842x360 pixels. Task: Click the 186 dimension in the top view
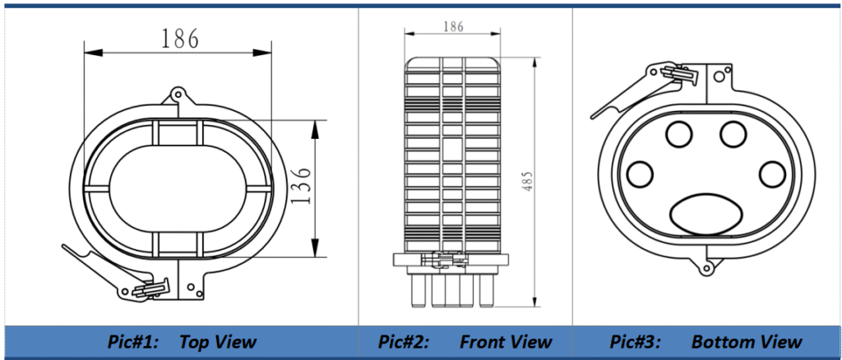click(x=179, y=38)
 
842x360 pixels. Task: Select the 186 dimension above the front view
click(x=453, y=26)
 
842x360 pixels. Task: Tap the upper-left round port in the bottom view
click(x=679, y=132)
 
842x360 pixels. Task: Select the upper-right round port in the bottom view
click(x=733, y=132)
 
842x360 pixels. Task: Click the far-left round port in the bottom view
click(x=639, y=174)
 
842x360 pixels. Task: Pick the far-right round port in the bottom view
click(x=772, y=174)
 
